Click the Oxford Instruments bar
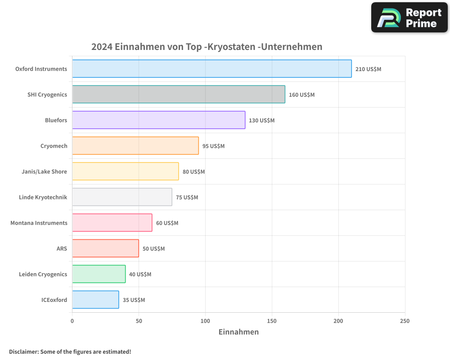(211, 69)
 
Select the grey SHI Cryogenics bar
(178, 94)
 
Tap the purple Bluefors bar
(158, 120)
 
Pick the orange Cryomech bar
(135, 146)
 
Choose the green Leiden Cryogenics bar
(99, 274)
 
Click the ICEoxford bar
(95, 300)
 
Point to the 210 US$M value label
(368, 69)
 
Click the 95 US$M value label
(213, 146)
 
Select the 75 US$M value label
(187, 198)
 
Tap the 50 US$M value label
(153, 249)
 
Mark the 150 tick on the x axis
(272, 321)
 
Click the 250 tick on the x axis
(405, 321)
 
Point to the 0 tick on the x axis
(72, 321)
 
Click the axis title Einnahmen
(238, 332)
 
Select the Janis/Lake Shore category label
(44, 171)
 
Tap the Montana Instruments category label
(39, 223)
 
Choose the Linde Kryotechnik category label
(43, 197)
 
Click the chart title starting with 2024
(207, 47)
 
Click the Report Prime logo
(409, 18)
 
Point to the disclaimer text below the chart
(70, 351)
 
